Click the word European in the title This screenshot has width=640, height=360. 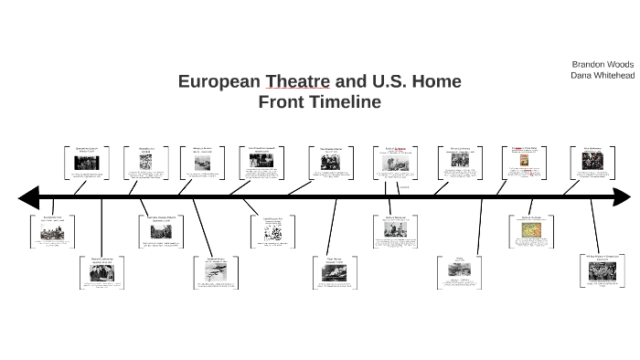click(219, 82)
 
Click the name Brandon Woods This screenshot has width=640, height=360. click(603, 65)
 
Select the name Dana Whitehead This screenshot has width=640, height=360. click(603, 76)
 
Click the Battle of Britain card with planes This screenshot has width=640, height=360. click(217, 272)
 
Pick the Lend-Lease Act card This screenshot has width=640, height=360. click(273, 230)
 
